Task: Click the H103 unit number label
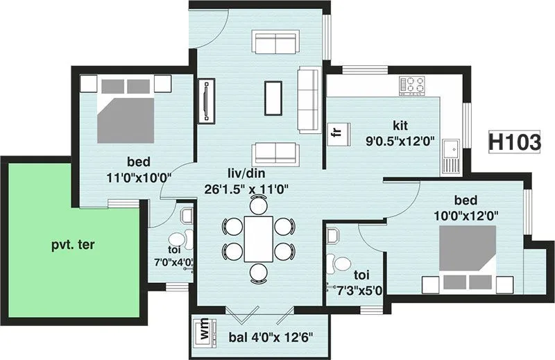(515, 142)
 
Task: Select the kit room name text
(400, 126)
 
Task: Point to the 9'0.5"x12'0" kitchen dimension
(400, 142)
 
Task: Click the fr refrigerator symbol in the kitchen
(336, 132)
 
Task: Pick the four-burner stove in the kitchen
(413, 86)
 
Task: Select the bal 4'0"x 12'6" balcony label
(271, 338)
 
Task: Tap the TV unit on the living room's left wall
(207, 101)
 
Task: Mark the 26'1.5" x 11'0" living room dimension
(246, 187)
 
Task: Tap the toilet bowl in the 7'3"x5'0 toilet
(341, 264)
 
